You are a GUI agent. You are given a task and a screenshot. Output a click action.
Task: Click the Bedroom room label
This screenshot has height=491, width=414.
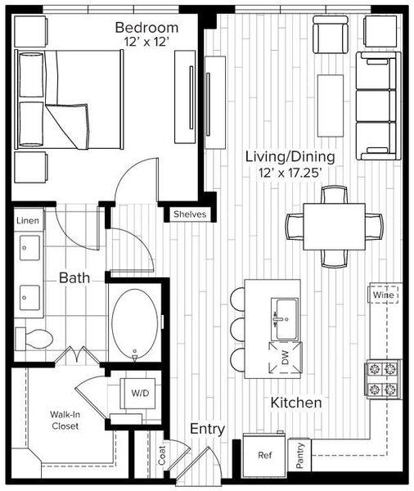(146, 28)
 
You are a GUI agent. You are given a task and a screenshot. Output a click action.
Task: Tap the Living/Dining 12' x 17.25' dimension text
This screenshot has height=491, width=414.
(290, 173)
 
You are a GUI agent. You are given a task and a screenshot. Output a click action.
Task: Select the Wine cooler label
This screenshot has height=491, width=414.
(383, 295)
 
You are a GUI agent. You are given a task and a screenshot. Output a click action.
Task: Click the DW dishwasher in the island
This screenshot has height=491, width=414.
(286, 358)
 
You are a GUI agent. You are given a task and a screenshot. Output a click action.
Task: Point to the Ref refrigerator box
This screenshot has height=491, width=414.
(265, 455)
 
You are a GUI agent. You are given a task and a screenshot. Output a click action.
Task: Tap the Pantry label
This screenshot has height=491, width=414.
(299, 455)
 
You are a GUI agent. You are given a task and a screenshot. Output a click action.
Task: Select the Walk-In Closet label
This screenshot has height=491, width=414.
(65, 421)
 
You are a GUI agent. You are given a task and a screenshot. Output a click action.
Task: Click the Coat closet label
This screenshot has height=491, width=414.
(162, 455)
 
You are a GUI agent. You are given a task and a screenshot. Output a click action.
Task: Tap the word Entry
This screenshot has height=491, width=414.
(207, 429)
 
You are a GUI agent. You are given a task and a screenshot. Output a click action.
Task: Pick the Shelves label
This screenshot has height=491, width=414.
(190, 214)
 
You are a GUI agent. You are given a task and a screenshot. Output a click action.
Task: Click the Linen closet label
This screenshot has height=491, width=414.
(28, 221)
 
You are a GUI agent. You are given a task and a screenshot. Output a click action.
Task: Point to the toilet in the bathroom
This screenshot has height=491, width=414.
(34, 339)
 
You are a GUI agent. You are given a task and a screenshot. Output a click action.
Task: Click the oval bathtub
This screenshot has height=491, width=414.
(135, 323)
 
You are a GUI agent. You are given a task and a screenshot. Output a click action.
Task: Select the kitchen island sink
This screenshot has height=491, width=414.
(284, 319)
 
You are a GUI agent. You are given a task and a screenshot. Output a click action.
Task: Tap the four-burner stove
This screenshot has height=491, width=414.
(383, 379)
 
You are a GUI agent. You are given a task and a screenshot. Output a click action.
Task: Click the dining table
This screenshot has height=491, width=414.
(334, 227)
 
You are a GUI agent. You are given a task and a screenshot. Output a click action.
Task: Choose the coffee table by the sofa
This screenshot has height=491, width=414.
(331, 106)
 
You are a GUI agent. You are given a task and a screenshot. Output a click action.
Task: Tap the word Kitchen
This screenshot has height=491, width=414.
(296, 403)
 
